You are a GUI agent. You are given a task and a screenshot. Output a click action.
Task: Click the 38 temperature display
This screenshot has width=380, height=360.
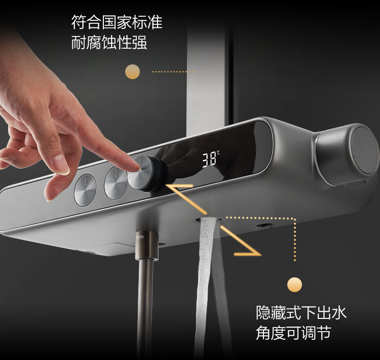(209, 160)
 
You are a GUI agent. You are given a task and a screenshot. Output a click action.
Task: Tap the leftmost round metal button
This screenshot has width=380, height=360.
(85, 190)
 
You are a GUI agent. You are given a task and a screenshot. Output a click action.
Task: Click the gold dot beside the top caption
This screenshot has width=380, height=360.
(133, 71)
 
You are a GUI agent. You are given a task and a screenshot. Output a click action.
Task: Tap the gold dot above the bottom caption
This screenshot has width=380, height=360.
(295, 285)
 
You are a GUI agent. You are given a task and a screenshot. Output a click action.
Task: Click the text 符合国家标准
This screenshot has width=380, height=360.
(117, 22)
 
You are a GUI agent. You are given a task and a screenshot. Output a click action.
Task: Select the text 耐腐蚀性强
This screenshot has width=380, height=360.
(109, 43)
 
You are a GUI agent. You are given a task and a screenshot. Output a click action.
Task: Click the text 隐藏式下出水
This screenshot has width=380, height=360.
(301, 312)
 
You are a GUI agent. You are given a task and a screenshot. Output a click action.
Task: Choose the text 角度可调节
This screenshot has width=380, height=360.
(293, 333)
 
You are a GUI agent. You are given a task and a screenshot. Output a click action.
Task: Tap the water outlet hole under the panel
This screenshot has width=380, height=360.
(209, 220)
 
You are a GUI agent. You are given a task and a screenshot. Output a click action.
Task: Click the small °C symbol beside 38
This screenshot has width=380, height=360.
(218, 153)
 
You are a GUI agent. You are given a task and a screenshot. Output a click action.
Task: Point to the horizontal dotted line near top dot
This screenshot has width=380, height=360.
(174, 71)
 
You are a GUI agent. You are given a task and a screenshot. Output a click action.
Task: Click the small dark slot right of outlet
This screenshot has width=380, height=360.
(264, 225)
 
